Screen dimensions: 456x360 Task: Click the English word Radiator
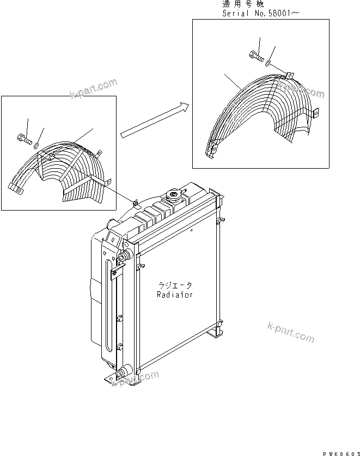pyautogui.click(x=175, y=294)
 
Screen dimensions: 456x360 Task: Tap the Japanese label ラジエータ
pyautogui.click(x=175, y=285)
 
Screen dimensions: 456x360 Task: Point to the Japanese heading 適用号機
pyautogui.click(x=242, y=4)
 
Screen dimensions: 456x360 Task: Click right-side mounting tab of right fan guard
pyautogui.click(x=315, y=113)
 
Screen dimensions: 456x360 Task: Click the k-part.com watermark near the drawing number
pyautogui.click(x=291, y=332)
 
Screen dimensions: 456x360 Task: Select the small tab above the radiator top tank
pyautogui.click(x=135, y=204)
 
